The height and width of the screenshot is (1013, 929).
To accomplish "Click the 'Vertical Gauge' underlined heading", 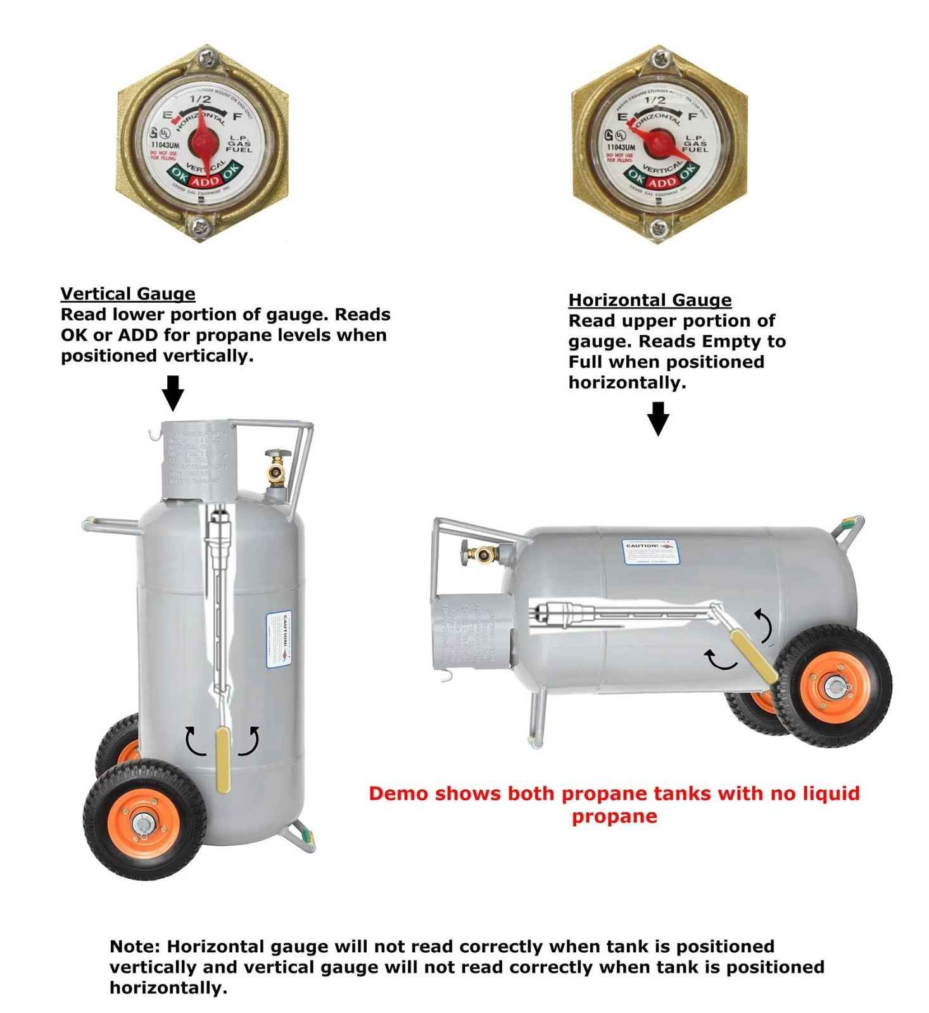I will [x=128, y=294].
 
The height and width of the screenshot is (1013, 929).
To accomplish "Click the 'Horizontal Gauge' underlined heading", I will [x=650, y=300].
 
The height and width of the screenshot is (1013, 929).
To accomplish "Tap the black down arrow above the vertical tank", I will [x=173, y=393].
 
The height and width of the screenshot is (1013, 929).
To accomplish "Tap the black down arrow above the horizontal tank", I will [x=659, y=418].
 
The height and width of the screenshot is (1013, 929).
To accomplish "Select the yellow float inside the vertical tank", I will [x=224, y=760].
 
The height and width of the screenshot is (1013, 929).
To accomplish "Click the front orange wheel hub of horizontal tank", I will [x=834, y=686].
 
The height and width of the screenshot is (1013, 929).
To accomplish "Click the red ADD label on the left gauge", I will [x=205, y=182].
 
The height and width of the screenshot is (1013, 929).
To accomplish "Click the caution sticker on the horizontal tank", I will [x=648, y=551].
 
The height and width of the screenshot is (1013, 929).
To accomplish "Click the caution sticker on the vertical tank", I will [x=277, y=639].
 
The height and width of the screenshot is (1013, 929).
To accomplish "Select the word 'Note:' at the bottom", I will [x=135, y=947].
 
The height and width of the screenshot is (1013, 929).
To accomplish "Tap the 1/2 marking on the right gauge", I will [x=654, y=100].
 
